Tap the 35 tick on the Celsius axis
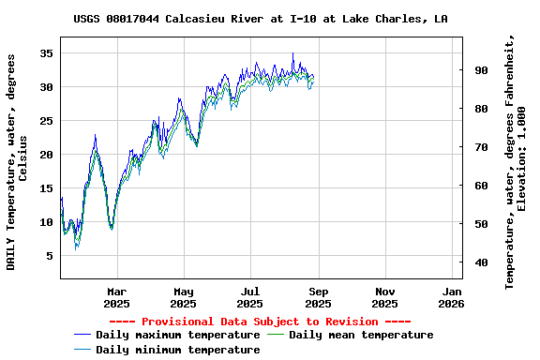pyautogui.click(x=45, y=53)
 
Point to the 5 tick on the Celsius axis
pyautogui.click(x=49, y=256)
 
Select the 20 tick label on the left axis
pyautogui.click(x=45, y=155)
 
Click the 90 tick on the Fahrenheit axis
pyautogui.click(x=481, y=70)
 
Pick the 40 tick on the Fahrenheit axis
pyautogui.click(x=481, y=262)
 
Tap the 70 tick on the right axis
pyautogui.click(x=481, y=147)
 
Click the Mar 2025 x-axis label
pyautogui.click(x=116, y=297)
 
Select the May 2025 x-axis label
pyautogui.click(x=184, y=297)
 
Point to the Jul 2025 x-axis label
pyautogui.click(x=250, y=297)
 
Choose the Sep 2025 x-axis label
pyautogui.click(x=318, y=297)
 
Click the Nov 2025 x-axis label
pyautogui.click(x=384, y=297)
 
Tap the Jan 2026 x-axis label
pyautogui.click(x=452, y=297)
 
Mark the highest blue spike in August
pyautogui.click(x=293, y=53)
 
